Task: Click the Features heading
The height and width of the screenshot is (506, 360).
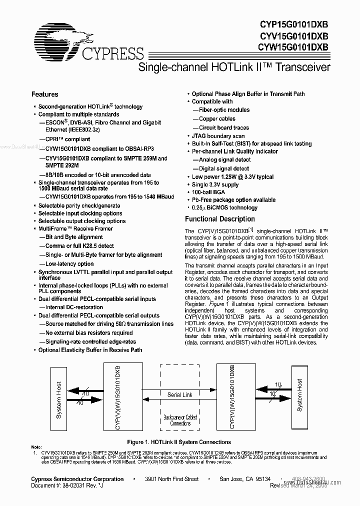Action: click(x=44, y=94)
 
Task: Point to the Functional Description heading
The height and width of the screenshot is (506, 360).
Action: click(x=219, y=219)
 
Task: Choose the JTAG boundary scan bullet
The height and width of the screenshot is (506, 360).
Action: click(x=218, y=136)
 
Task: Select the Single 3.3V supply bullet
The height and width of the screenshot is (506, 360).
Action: click(x=215, y=184)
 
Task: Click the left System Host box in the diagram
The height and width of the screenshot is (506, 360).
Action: click(x=58, y=394)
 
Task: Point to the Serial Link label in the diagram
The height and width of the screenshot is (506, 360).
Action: click(x=180, y=394)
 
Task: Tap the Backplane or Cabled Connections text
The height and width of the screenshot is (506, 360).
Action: click(x=180, y=420)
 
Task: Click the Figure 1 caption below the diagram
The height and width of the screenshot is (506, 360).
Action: click(x=179, y=442)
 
